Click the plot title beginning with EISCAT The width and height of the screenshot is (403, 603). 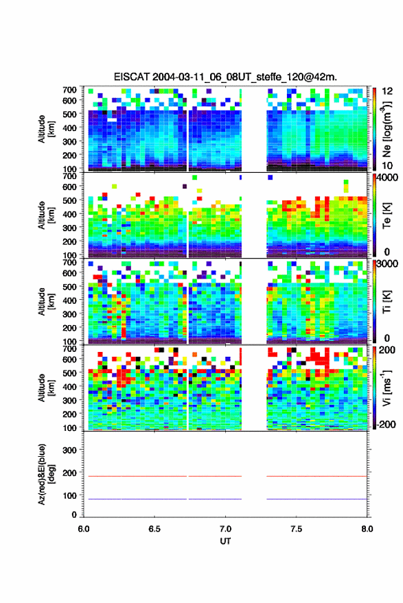click(225, 77)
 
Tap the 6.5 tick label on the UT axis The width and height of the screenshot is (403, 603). click(154, 529)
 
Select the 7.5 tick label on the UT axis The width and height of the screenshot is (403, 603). click(296, 529)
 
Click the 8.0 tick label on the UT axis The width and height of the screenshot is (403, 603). click(367, 529)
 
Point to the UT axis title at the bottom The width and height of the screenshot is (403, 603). click(225, 541)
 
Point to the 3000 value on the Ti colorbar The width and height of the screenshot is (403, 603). click(389, 264)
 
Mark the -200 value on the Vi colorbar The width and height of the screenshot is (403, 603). click(387, 424)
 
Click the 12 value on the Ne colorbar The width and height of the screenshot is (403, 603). click(387, 91)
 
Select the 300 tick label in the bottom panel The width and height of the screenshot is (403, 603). click(69, 450)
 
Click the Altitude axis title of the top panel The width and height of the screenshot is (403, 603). click(46, 129)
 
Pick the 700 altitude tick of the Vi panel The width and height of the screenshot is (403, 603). click(69, 348)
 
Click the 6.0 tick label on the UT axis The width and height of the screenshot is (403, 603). click(84, 529)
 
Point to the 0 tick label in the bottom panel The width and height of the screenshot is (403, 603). click(74, 515)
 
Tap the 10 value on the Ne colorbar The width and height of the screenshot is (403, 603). click(387, 166)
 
